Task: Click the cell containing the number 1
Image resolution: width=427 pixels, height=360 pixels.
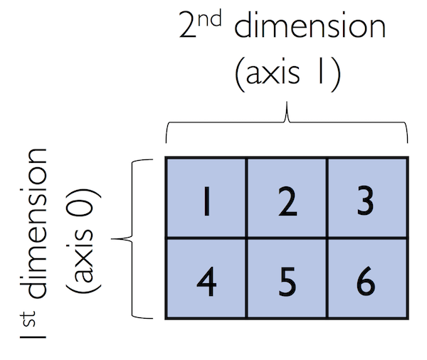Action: (x=206, y=198)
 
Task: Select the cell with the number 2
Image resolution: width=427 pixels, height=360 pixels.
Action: (x=287, y=198)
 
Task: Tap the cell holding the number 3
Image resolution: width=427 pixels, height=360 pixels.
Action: (x=367, y=198)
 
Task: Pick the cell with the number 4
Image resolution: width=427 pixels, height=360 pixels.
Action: (x=206, y=278)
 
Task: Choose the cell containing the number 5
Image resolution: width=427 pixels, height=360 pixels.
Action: (x=287, y=278)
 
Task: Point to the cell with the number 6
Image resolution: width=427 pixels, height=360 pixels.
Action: (x=367, y=278)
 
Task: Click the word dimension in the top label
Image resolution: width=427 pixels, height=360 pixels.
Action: (x=310, y=24)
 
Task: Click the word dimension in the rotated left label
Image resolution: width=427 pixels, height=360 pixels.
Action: (x=33, y=223)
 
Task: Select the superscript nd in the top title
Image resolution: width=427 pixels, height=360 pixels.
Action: (x=210, y=18)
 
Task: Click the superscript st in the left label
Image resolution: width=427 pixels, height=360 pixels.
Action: (x=28, y=318)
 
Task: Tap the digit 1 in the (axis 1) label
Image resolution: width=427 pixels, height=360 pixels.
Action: (x=320, y=71)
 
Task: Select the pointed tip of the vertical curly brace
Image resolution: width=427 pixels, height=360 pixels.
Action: (x=112, y=239)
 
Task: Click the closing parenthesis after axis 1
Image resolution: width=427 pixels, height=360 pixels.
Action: (x=336, y=73)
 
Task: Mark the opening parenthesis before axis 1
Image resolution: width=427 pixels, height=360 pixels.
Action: (x=239, y=73)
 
